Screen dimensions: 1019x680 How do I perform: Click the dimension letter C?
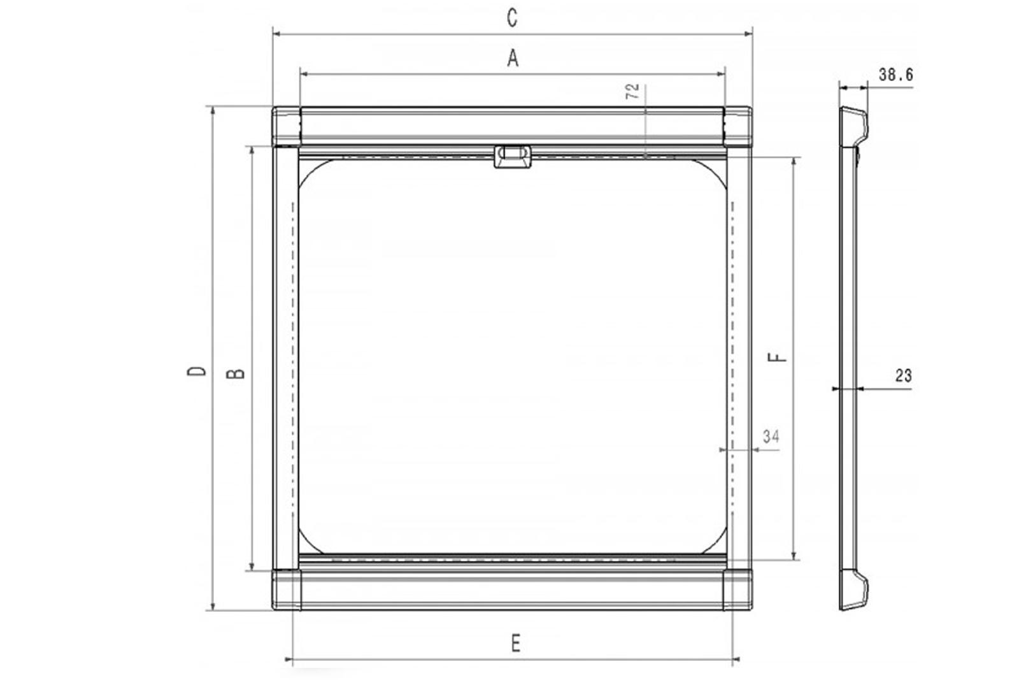click(x=512, y=18)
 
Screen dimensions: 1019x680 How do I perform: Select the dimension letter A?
click(x=513, y=59)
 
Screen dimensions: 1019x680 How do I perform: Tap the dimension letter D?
click(x=197, y=371)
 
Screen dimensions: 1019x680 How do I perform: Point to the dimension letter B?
click(x=236, y=373)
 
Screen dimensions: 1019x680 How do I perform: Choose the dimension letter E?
click(x=515, y=644)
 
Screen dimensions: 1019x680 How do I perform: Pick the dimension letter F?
click(x=777, y=358)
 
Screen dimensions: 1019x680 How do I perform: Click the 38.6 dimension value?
click(x=895, y=75)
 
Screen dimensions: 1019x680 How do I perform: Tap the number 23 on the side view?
click(x=904, y=375)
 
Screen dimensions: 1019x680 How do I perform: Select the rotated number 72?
click(x=633, y=92)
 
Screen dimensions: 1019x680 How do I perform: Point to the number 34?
click(x=771, y=437)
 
